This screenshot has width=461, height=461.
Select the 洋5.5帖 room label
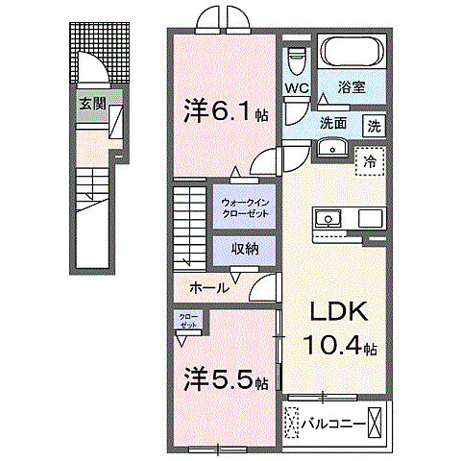point(225,381)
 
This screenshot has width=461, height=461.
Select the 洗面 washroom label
point(333,123)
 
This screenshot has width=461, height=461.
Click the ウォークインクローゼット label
point(247,207)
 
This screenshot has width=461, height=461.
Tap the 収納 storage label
point(246,247)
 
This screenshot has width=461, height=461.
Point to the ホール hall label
point(208,287)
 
